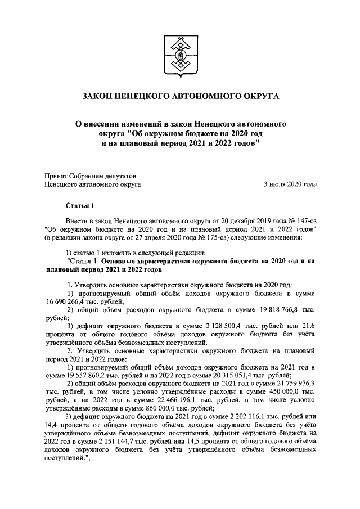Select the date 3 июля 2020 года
click(290, 184)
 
